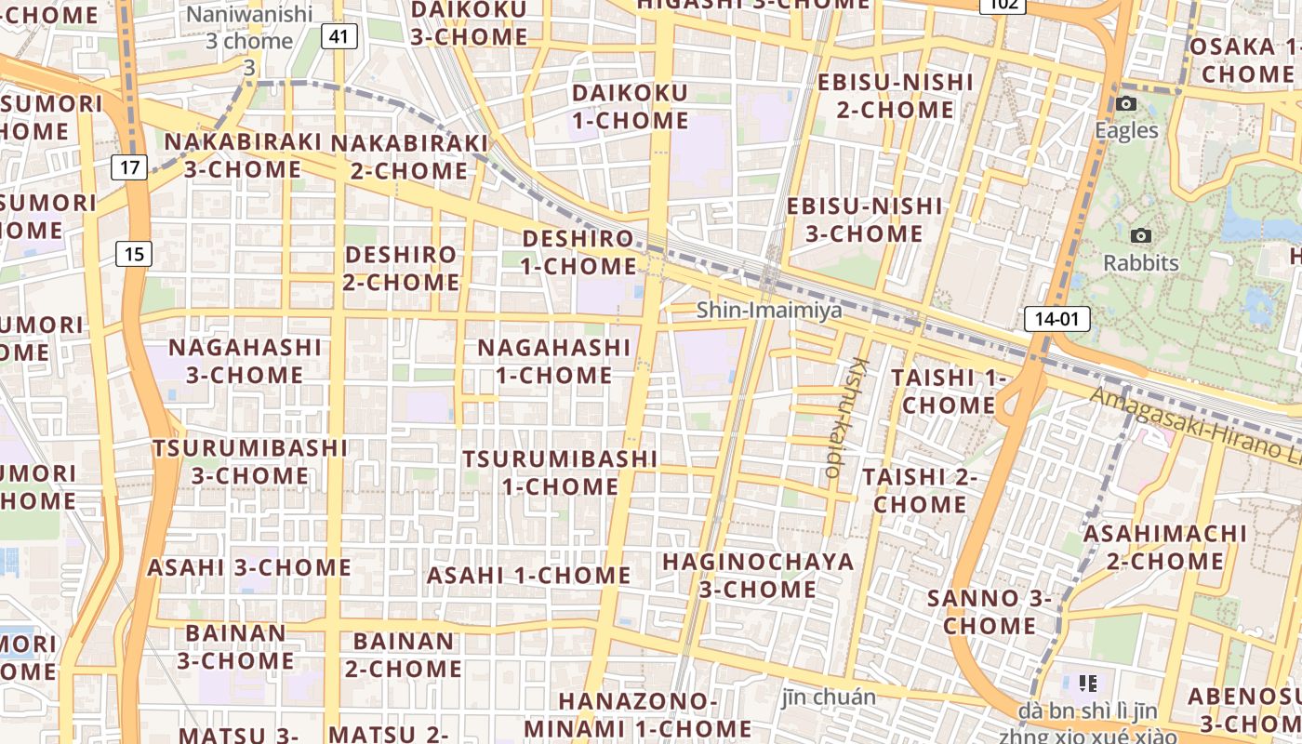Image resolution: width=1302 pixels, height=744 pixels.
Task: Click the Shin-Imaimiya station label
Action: click(x=769, y=310)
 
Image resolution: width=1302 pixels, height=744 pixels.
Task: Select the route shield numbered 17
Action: click(x=129, y=168)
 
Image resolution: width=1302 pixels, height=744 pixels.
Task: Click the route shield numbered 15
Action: click(x=134, y=253)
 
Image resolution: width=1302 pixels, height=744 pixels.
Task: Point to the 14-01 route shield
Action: click(x=1056, y=320)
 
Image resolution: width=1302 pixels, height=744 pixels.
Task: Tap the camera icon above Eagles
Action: click(x=1126, y=103)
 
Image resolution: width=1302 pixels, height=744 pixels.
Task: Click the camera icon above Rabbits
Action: click(x=1141, y=236)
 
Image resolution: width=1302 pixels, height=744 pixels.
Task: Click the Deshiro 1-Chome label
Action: click(x=578, y=252)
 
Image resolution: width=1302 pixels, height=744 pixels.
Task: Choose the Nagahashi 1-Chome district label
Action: click(x=554, y=361)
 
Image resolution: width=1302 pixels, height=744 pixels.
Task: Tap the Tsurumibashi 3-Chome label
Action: click(x=250, y=461)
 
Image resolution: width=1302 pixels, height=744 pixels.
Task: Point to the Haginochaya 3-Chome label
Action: click(x=758, y=575)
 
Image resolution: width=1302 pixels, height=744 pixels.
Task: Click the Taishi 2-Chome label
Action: click(x=920, y=490)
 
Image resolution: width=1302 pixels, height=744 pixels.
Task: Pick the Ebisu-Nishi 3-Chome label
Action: click(x=864, y=219)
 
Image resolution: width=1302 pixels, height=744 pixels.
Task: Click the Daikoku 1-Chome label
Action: click(x=631, y=106)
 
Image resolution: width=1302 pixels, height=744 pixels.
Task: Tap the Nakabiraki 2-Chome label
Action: click(x=409, y=156)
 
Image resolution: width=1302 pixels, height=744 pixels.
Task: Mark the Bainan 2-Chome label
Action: click(x=404, y=655)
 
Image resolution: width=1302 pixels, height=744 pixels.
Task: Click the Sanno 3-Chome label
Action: click(x=989, y=611)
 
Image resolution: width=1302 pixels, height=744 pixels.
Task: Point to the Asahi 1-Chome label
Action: click(x=528, y=575)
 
